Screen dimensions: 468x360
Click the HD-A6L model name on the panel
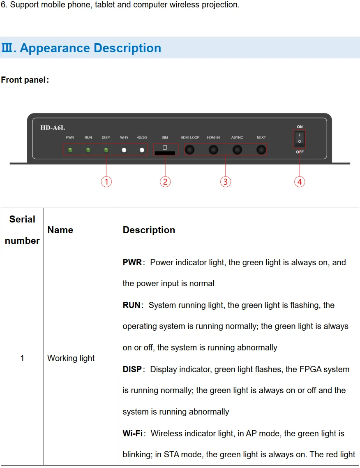[x=53, y=127]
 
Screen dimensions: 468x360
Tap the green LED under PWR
[x=70, y=150]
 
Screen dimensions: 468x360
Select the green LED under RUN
[x=88, y=150]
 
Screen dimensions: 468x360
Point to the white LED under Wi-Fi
[x=124, y=150]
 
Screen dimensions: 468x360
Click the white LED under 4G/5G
[x=142, y=150]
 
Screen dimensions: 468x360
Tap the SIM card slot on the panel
[x=165, y=153]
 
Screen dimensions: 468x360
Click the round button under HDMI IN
[x=213, y=150]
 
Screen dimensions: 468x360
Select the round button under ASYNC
[x=237, y=150]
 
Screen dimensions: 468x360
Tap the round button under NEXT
[x=261, y=150]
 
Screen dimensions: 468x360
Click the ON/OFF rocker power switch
[x=300, y=139]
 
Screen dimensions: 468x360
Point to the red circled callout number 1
[x=106, y=181]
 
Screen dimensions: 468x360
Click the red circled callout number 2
[x=165, y=181]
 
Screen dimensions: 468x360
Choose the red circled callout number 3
[x=225, y=181]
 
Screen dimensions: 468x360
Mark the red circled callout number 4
[x=300, y=181]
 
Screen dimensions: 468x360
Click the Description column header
[x=149, y=230]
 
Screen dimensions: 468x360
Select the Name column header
[x=60, y=230]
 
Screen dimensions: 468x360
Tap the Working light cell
[x=71, y=358]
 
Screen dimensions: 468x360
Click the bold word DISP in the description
[x=132, y=369]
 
